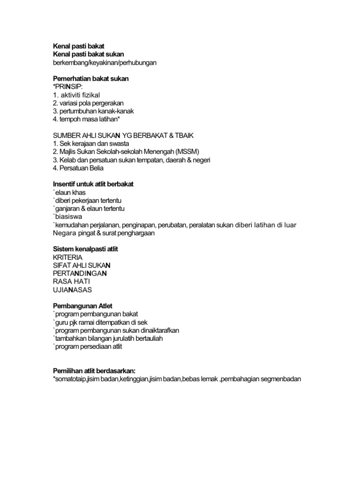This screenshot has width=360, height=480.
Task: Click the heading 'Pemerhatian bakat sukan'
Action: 90,79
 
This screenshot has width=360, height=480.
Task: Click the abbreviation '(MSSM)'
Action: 186,151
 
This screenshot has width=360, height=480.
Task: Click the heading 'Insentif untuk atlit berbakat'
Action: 97,184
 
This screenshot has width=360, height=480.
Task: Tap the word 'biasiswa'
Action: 69,217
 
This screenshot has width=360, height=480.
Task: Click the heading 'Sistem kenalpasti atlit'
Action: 85,249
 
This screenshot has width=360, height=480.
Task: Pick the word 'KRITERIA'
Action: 68,257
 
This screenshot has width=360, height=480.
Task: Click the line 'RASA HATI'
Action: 72,281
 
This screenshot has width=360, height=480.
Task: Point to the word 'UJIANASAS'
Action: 72,290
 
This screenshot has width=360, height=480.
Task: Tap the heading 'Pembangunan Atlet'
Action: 83,306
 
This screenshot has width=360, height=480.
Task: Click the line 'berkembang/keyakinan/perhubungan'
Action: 105,62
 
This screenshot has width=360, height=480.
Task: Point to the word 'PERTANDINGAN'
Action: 81,273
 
